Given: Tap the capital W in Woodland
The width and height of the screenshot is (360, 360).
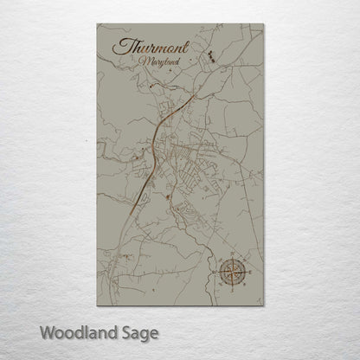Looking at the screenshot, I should click(48, 331).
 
